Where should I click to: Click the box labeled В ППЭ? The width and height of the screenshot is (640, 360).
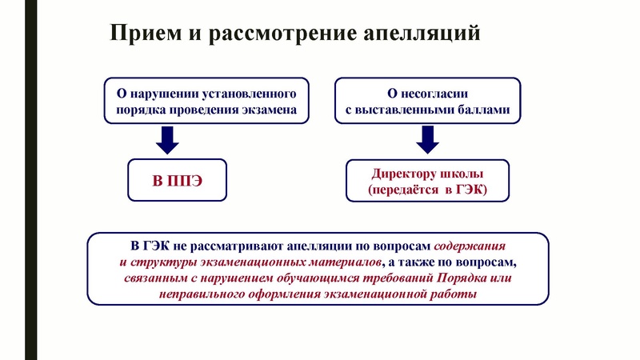pyautogui.click(x=178, y=179)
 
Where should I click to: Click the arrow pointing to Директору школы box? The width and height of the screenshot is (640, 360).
pyautogui.click(x=427, y=140)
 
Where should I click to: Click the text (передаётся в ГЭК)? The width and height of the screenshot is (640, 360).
pyautogui.click(x=427, y=190)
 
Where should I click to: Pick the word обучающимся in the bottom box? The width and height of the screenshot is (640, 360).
pyautogui.click(x=328, y=278)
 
